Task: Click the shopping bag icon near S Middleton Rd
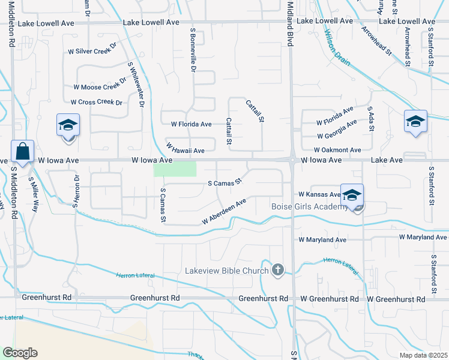[22, 152]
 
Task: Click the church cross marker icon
[277, 270]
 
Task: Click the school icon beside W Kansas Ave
[352, 196]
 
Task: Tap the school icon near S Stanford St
[415, 122]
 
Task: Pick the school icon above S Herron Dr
[68, 126]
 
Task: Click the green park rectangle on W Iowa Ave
[175, 169]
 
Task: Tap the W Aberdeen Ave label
[224, 212]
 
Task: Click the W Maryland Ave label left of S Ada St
[323, 239]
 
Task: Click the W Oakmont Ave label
[337, 150]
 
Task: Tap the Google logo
[20, 353]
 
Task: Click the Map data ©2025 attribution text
[423, 355]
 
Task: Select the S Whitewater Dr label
[136, 84]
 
